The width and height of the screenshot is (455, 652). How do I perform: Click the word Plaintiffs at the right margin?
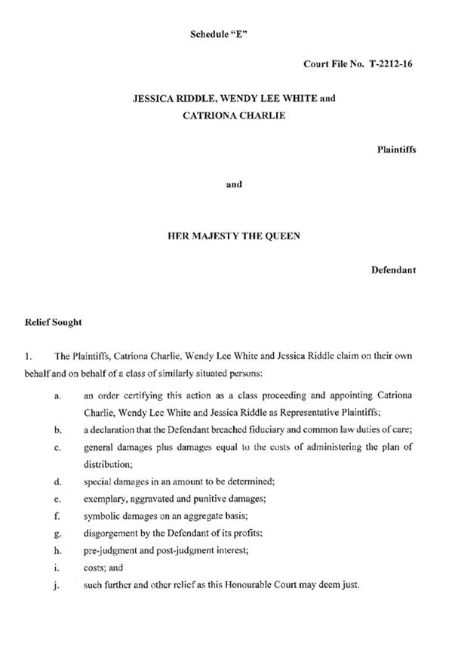(396, 149)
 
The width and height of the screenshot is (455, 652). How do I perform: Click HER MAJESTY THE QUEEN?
(234, 235)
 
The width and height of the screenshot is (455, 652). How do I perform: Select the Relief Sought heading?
(54, 322)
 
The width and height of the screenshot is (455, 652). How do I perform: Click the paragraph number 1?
(29, 355)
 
